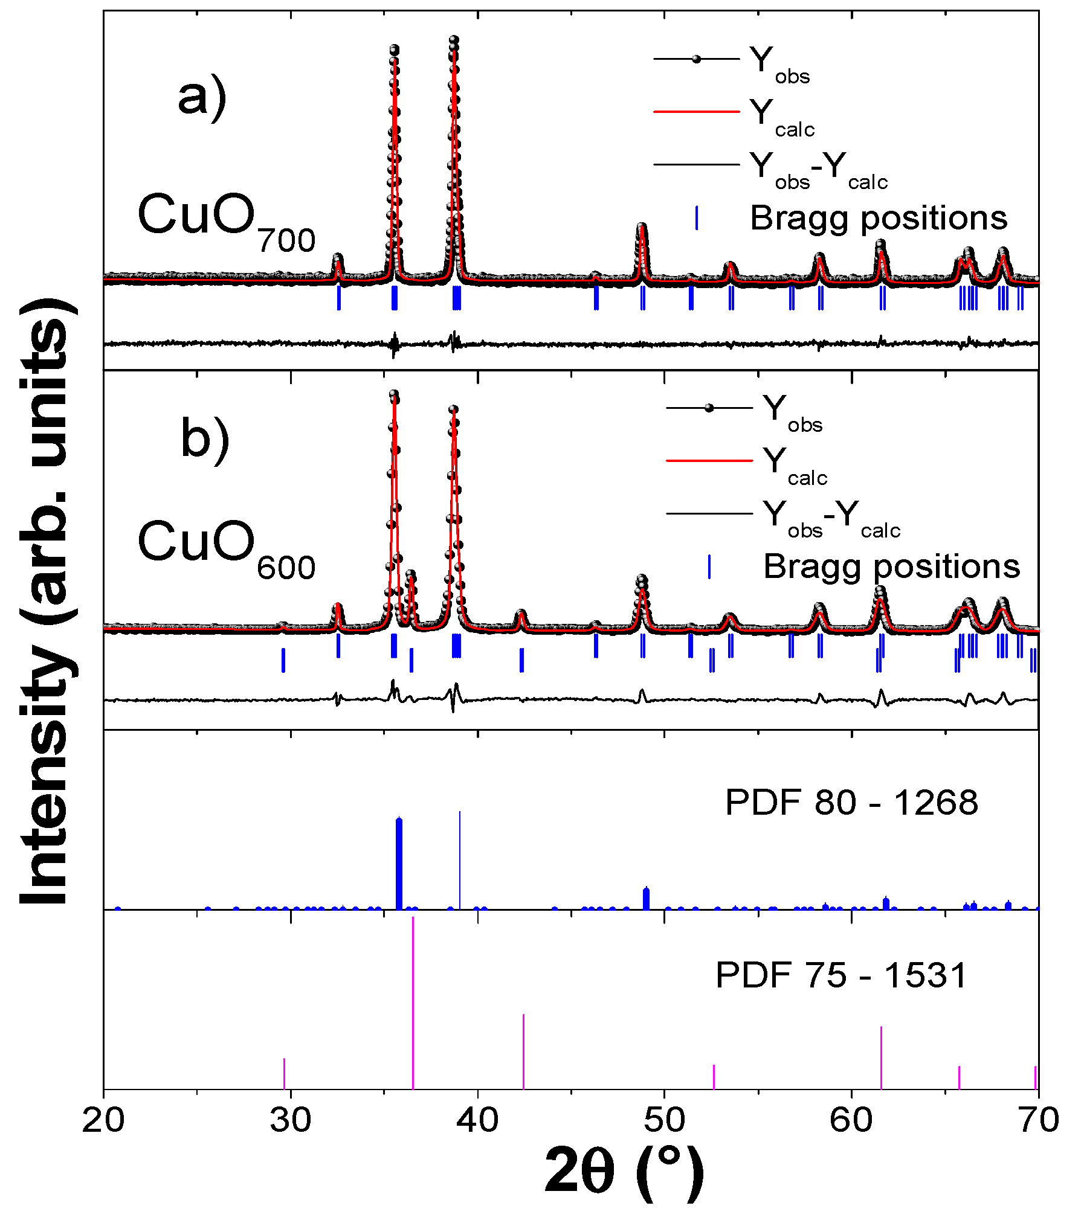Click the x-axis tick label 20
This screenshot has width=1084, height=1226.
(x=103, y=1120)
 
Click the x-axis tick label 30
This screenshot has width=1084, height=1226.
(x=291, y=1120)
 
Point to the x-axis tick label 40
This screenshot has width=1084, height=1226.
(x=477, y=1120)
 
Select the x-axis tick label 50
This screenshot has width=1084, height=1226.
(x=664, y=1120)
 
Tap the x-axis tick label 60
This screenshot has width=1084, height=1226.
(x=851, y=1120)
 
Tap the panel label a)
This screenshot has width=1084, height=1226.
(x=202, y=97)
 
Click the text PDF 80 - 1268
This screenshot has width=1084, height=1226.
(x=851, y=803)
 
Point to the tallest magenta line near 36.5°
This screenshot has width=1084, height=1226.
(x=413, y=1003)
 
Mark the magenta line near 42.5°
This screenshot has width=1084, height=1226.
(x=523, y=1051)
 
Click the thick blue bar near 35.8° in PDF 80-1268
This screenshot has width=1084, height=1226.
(x=399, y=864)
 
